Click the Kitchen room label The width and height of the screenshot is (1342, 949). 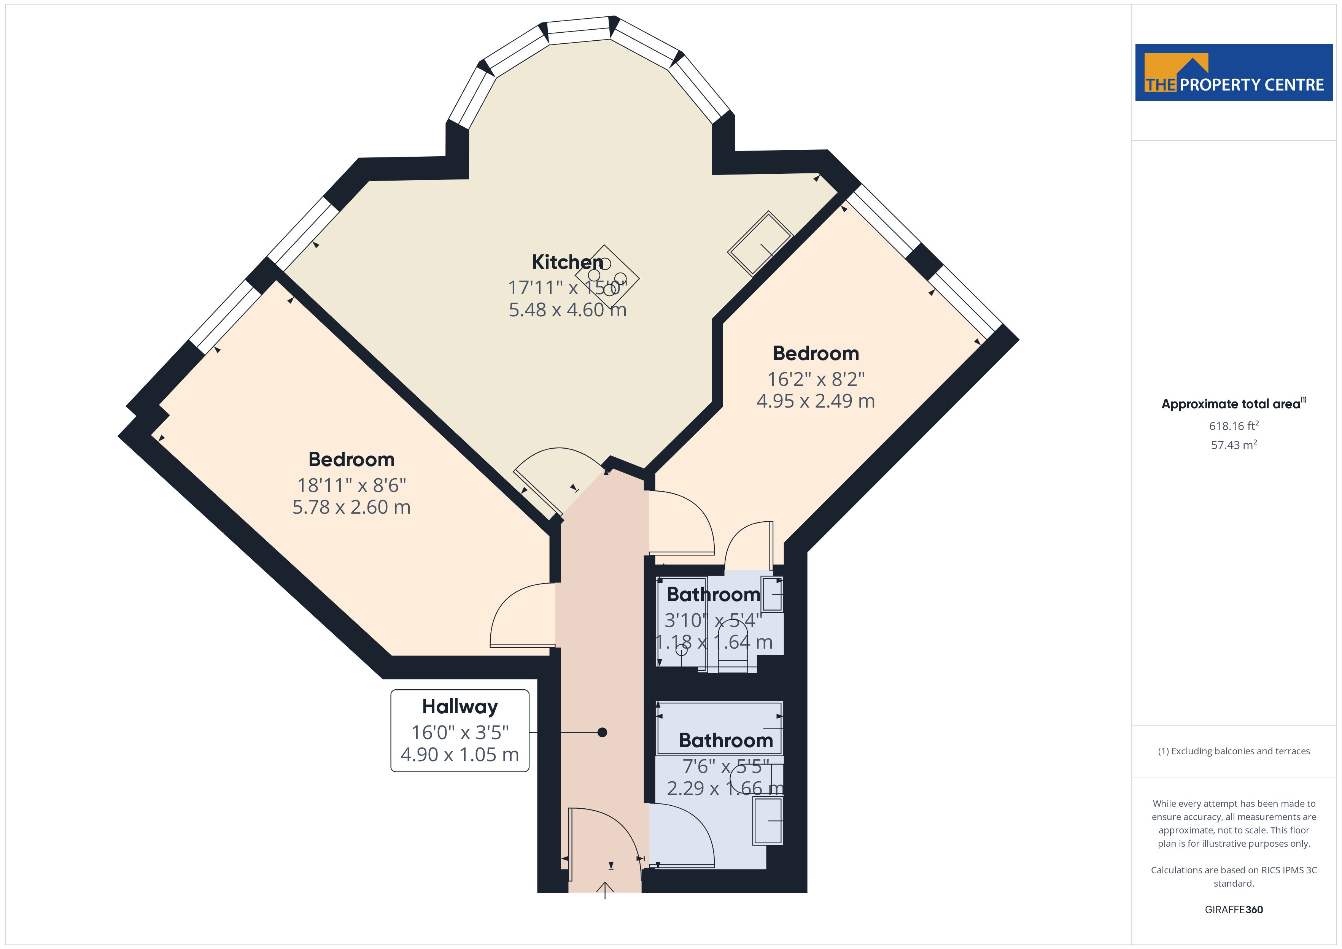pos(567,262)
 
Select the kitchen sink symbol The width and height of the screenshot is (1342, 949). pos(760,243)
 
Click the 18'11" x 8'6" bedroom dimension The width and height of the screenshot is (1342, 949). pos(351,485)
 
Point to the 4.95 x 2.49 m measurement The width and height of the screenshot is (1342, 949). pos(816,401)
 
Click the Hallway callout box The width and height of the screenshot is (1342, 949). pos(460,730)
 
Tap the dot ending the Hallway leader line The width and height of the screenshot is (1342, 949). pos(602,732)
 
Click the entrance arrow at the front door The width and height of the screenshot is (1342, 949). pos(604,890)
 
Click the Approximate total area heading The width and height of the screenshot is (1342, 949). pos(1233,403)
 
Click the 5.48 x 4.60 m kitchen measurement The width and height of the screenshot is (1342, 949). pos(567,309)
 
